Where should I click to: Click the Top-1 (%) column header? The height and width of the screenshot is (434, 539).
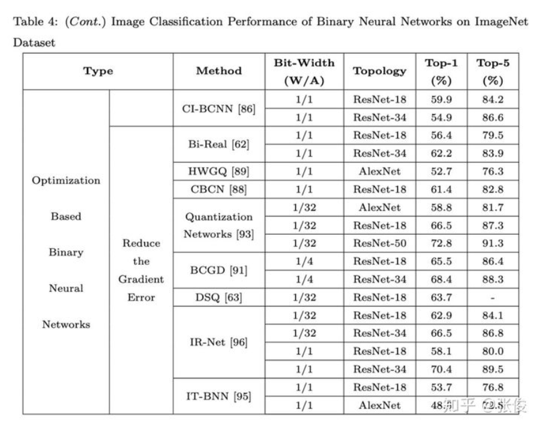click(x=441, y=71)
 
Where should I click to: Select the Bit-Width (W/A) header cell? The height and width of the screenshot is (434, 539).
click(x=304, y=71)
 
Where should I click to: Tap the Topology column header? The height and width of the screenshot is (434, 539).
click(x=380, y=71)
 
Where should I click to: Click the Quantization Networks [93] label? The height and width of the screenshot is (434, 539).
click(x=219, y=225)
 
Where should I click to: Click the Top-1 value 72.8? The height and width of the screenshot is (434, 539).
click(x=441, y=244)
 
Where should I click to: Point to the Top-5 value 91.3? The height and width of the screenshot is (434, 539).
click(x=491, y=244)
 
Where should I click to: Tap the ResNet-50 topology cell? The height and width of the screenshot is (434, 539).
click(x=380, y=244)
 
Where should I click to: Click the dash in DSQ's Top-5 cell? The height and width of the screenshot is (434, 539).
click(x=491, y=297)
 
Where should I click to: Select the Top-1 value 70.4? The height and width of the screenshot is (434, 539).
click(x=441, y=369)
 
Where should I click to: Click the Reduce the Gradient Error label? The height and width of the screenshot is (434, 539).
click(x=141, y=271)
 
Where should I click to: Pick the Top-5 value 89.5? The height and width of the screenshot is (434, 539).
click(x=491, y=369)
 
